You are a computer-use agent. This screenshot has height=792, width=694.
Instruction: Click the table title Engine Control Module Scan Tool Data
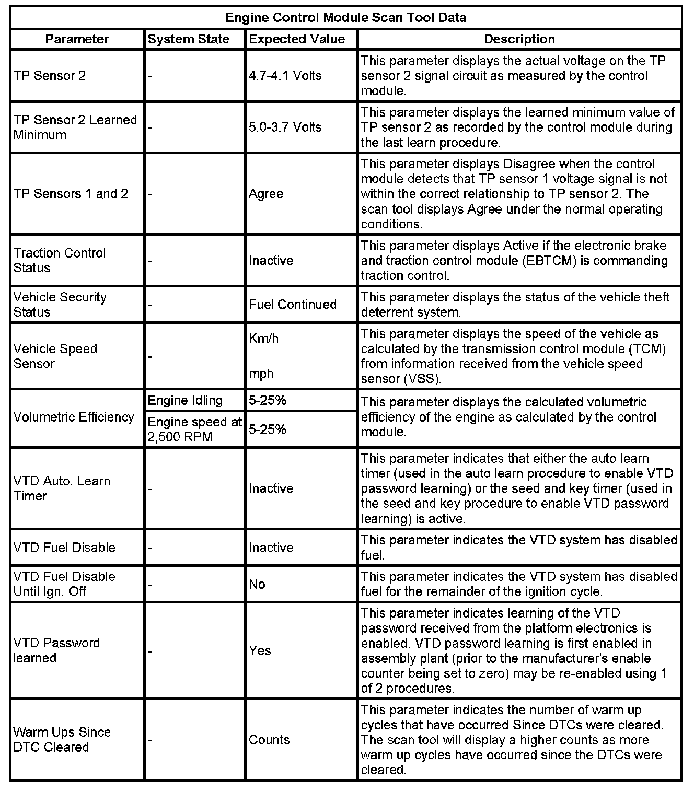click(x=345, y=18)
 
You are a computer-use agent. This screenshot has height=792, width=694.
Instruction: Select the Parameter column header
click(x=77, y=39)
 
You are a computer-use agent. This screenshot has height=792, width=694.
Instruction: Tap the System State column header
click(x=189, y=39)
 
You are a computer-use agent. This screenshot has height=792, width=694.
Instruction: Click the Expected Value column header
click(x=297, y=39)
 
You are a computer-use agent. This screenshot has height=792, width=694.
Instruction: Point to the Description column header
click(x=519, y=39)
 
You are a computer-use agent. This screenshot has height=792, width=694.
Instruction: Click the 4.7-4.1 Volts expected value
click(x=285, y=76)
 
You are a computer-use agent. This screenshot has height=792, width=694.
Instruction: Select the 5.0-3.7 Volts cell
click(x=285, y=127)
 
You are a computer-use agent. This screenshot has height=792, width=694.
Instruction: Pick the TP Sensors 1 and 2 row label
click(x=71, y=194)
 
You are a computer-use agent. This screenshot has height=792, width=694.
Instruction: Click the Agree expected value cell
click(x=266, y=194)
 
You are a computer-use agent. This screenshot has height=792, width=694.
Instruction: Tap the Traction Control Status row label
click(x=60, y=260)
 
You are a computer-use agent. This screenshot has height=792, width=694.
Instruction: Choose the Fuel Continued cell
click(x=293, y=305)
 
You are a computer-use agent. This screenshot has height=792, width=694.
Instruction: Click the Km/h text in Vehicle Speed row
click(x=264, y=339)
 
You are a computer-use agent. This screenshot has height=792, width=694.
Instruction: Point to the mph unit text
click(x=261, y=374)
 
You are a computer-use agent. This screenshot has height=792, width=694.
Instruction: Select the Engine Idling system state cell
click(x=185, y=401)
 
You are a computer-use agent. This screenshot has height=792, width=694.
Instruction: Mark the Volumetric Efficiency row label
click(x=74, y=417)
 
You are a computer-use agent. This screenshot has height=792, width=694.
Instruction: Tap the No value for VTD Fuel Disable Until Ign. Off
click(x=257, y=584)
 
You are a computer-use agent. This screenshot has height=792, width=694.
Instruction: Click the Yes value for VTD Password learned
click(x=260, y=650)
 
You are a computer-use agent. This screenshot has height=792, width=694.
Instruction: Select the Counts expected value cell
click(x=269, y=740)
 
